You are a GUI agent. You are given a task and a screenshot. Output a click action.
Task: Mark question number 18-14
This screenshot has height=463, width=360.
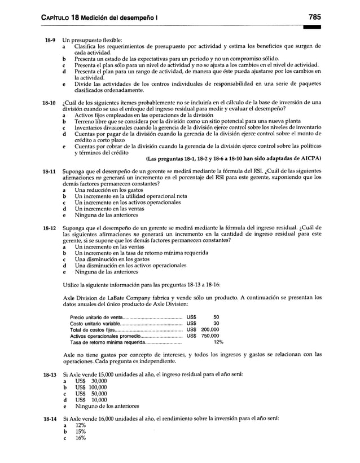(44, 420)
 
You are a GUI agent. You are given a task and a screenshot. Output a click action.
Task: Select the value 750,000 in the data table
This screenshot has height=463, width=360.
(210, 336)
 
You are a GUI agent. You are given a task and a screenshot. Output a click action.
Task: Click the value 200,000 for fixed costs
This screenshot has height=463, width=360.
(210, 329)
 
